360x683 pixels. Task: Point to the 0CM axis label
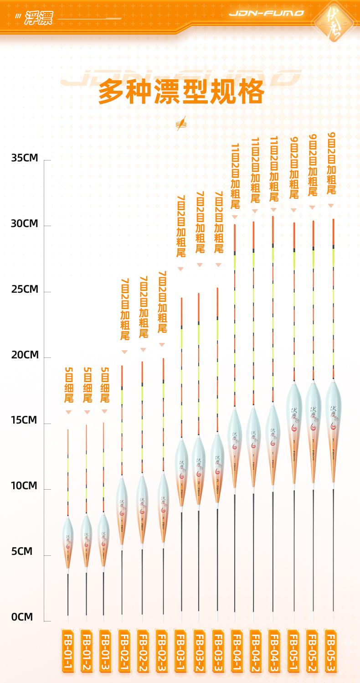pyautogui.click(x=22, y=617)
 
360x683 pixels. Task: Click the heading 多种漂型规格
pyautogui.click(x=181, y=92)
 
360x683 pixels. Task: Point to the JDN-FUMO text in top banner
pyautogui.click(x=266, y=14)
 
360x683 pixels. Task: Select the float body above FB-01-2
pyautogui.click(x=86, y=540)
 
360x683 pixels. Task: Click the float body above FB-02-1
pyautogui.click(x=122, y=508)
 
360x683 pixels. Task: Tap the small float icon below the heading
pyautogui.click(x=181, y=123)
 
